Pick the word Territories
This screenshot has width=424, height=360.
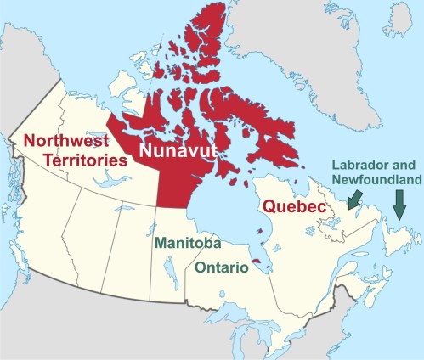(x=66, y=159)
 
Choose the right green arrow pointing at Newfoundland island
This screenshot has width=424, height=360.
(x=397, y=204)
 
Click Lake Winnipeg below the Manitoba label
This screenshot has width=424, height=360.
(x=170, y=272)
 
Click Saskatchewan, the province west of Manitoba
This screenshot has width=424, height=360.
(x=136, y=255)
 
